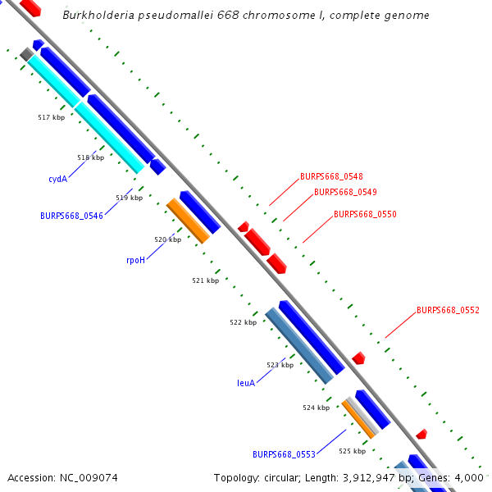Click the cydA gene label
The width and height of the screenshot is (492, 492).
coord(57,178)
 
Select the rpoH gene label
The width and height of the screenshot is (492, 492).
coord(135,260)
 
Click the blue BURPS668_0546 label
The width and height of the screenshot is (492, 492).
coord(71,216)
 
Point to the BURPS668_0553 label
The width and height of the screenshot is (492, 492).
coord(284,454)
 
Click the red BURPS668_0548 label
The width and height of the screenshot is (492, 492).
coord(331,176)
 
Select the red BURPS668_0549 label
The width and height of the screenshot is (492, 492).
coord(345,192)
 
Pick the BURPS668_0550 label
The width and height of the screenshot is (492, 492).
coord(365,214)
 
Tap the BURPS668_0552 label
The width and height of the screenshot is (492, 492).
coord(448,310)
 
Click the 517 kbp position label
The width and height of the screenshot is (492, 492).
coord(51,117)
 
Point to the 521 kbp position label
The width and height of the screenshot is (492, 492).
coord(205,280)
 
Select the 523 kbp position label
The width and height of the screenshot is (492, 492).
coord(280,365)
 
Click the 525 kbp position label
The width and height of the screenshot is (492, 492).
coord(352,451)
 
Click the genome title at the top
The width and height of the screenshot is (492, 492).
coord(246,16)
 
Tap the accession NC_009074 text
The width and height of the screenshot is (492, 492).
coord(62,477)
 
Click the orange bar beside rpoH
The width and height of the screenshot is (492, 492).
coord(188,221)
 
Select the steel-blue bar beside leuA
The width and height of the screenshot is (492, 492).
coord(299,345)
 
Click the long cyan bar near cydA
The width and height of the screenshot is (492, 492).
coord(86,114)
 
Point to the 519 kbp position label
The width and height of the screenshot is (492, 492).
coord(129,198)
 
